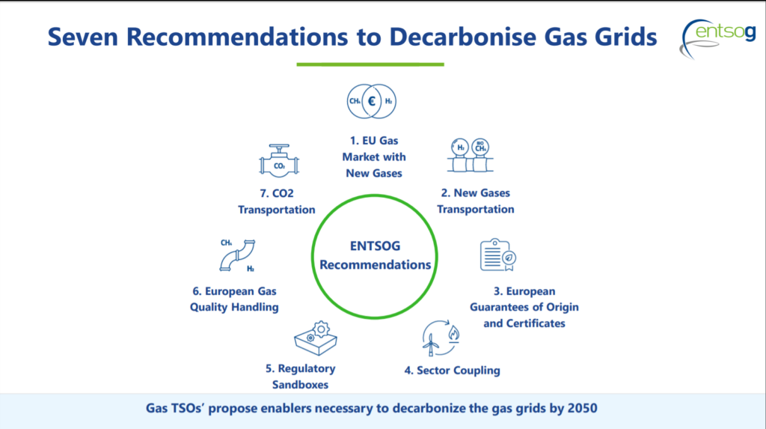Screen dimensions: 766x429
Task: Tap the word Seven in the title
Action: (x=82, y=37)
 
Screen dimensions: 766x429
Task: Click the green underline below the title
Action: (x=370, y=64)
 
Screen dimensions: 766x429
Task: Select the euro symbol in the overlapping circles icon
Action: (x=372, y=101)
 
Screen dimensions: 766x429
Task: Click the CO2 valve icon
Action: (x=279, y=160)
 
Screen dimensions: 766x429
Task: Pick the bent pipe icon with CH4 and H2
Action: (x=237, y=255)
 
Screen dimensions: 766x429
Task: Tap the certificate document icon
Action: (x=497, y=255)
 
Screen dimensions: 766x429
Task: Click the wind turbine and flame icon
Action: (x=441, y=338)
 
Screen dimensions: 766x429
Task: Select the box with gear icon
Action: (x=316, y=338)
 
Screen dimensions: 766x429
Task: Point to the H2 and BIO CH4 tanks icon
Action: (x=471, y=155)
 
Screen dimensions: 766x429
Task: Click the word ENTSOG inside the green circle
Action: (x=375, y=246)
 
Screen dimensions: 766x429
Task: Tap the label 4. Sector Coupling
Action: (x=452, y=371)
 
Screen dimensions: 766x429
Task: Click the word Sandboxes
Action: (x=300, y=385)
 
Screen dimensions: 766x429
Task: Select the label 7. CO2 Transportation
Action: (x=277, y=201)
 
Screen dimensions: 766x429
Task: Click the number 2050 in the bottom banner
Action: (x=582, y=408)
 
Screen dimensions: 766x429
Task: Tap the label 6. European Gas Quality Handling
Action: (x=234, y=299)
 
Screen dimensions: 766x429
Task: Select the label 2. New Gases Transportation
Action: (x=475, y=201)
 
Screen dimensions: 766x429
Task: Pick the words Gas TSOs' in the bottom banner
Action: (x=174, y=408)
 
